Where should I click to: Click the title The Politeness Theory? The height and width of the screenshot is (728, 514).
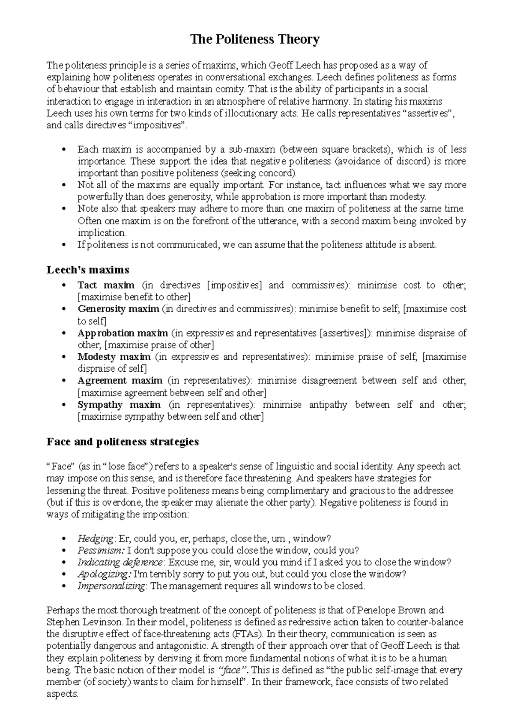(255, 40)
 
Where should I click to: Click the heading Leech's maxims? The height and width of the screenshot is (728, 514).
(88, 270)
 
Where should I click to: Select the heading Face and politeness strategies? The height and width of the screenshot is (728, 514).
(123, 442)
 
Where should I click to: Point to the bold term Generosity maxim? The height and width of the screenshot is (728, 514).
(118, 309)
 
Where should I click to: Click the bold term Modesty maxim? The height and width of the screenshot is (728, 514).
(114, 357)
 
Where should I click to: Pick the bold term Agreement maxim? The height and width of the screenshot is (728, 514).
(120, 380)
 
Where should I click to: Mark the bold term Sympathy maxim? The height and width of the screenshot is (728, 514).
(119, 405)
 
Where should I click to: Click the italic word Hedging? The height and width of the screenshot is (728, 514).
(95, 538)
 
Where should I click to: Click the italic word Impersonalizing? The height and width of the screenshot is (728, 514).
(111, 586)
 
